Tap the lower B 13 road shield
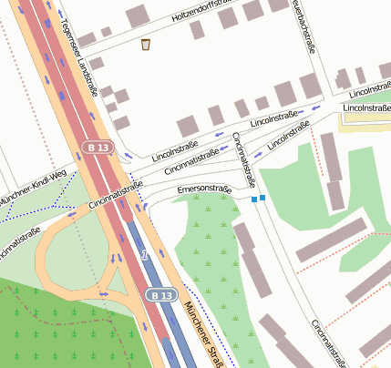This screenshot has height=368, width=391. [x=161, y=295]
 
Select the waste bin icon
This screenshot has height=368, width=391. [x=146, y=44]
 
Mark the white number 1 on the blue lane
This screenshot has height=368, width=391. [x=145, y=256]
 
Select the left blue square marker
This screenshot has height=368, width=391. [x=253, y=199]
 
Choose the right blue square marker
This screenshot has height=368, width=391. [x=262, y=197]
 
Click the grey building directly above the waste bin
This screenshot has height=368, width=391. [x=138, y=15]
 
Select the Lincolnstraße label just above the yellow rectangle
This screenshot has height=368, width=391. [x=366, y=108]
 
